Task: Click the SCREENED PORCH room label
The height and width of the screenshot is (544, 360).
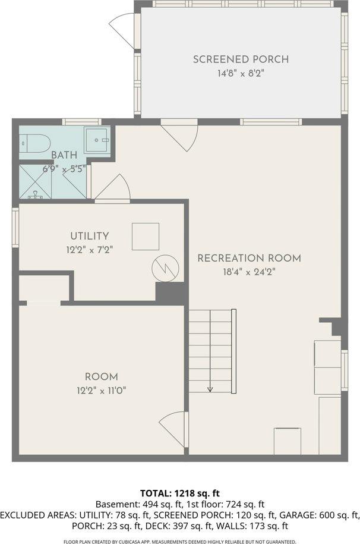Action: pos(241,59)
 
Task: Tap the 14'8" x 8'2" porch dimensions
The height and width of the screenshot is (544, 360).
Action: pos(241,74)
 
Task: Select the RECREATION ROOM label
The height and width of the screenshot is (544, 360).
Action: pos(249,258)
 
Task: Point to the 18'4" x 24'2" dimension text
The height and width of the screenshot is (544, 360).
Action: pos(249,272)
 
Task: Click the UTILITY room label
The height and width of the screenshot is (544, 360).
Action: pos(89,236)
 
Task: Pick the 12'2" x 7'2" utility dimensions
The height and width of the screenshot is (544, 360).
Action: pos(89,250)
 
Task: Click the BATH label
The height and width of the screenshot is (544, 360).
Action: pos(64,155)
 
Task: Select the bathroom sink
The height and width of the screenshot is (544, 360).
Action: pos(97,140)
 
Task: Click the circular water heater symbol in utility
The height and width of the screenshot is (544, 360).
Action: pos(165,269)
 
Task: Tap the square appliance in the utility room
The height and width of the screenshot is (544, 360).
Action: pos(145,236)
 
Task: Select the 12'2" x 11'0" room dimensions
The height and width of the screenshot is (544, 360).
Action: pos(101,391)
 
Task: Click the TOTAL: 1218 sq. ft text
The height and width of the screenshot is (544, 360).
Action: pos(179,493)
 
